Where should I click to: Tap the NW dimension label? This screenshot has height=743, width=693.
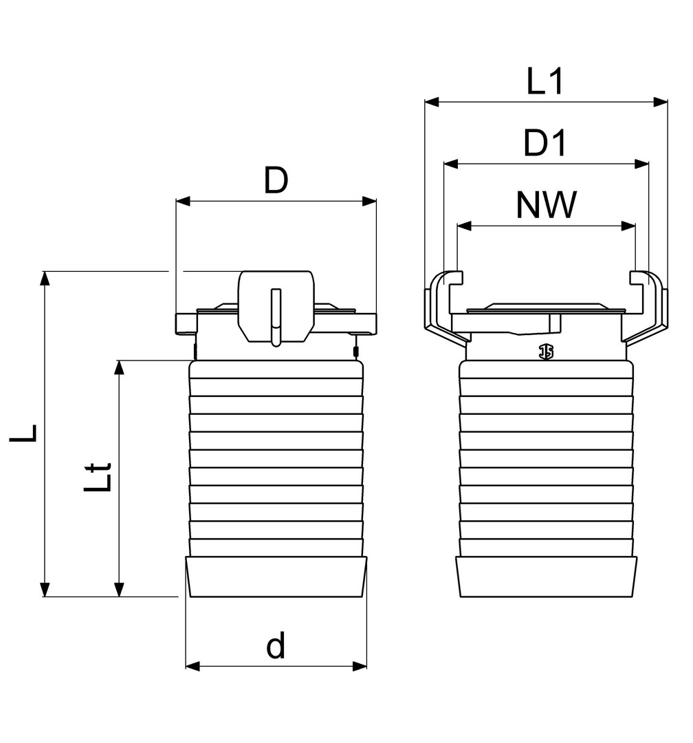click(x=545, y=206)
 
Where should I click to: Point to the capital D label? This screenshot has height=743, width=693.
click(x=276, y=182)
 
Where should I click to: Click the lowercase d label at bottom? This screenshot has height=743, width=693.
click(x=276, y=647)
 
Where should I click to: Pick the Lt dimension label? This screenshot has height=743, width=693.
click(x=98, y=476)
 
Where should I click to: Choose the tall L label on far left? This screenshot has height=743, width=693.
click(x=25, y=433)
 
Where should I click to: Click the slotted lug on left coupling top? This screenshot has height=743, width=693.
click(x=276, y=308)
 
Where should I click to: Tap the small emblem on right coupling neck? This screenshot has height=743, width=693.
click(x=547, y=352)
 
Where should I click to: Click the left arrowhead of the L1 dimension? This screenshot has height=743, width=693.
click(x=431, y=103)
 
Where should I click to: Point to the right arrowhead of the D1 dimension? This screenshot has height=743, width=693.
click(x=642, y=164)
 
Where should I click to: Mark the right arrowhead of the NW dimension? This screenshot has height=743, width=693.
click(x=628, y=226)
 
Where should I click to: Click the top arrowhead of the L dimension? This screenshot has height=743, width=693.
click(x=45, y=278)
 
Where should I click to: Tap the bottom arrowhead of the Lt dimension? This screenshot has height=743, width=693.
click(x=120, y=590)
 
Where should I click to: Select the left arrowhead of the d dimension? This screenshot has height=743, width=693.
click(x=192, y=666)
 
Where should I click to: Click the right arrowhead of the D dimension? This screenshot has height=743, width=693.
click(x=370, y=202)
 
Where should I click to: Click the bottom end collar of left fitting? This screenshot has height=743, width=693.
click(x=276, y=577)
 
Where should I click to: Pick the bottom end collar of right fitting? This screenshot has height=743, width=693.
click(x=547, y=577)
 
